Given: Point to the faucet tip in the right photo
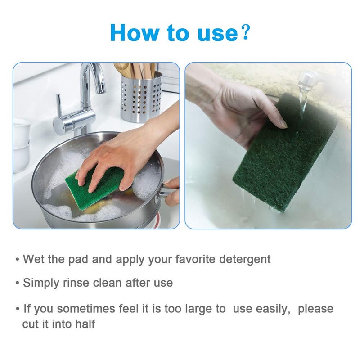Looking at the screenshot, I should point(307,80).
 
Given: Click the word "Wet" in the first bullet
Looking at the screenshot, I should point(33,260).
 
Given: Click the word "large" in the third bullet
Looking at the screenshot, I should point(197,309).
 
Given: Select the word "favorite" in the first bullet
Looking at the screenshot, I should point(186,260).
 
